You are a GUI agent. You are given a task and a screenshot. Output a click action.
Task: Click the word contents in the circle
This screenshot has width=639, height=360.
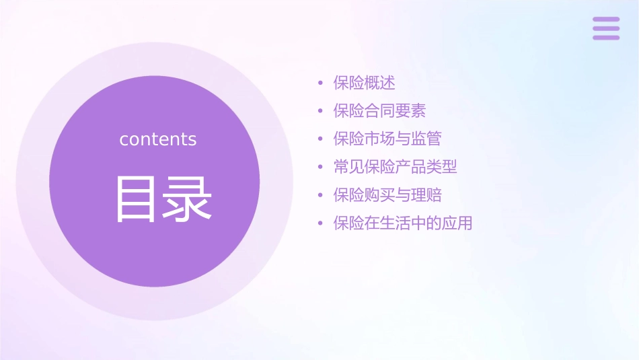point(158,139)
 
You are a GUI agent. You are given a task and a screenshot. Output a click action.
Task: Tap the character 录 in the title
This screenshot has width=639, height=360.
point(186,199)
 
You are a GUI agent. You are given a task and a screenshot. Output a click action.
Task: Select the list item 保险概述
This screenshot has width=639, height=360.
point(364,83)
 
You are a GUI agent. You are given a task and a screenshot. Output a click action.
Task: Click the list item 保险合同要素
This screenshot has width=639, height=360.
point(379,111)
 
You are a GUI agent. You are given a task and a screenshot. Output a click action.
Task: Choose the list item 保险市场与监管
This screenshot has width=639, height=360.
point(387,139)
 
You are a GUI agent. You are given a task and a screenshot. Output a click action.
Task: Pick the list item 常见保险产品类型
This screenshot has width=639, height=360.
point(395,167)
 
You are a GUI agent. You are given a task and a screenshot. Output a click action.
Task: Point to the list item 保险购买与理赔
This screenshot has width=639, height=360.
point(387,195)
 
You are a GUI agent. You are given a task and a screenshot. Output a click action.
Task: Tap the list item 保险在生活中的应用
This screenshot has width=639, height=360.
point(403,223)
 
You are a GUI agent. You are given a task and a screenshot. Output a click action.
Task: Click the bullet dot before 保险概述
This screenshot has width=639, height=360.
point(321,83)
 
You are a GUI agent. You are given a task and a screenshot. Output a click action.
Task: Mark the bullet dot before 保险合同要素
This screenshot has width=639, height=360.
point(321,111)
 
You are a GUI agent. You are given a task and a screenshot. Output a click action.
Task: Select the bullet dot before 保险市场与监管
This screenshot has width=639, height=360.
point(321,139)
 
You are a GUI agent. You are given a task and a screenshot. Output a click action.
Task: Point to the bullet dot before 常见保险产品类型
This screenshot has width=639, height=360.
point(321,167)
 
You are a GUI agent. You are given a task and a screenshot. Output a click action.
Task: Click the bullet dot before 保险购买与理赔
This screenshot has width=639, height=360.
point(321,195)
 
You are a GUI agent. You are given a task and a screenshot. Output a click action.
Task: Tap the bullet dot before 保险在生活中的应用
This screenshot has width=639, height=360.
point(321,223)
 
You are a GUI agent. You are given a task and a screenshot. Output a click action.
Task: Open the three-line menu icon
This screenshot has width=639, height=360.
point(606,28)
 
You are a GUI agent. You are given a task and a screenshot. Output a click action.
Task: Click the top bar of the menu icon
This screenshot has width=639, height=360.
point(606,20)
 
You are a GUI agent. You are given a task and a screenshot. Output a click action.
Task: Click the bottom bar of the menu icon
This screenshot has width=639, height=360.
point(606,37)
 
